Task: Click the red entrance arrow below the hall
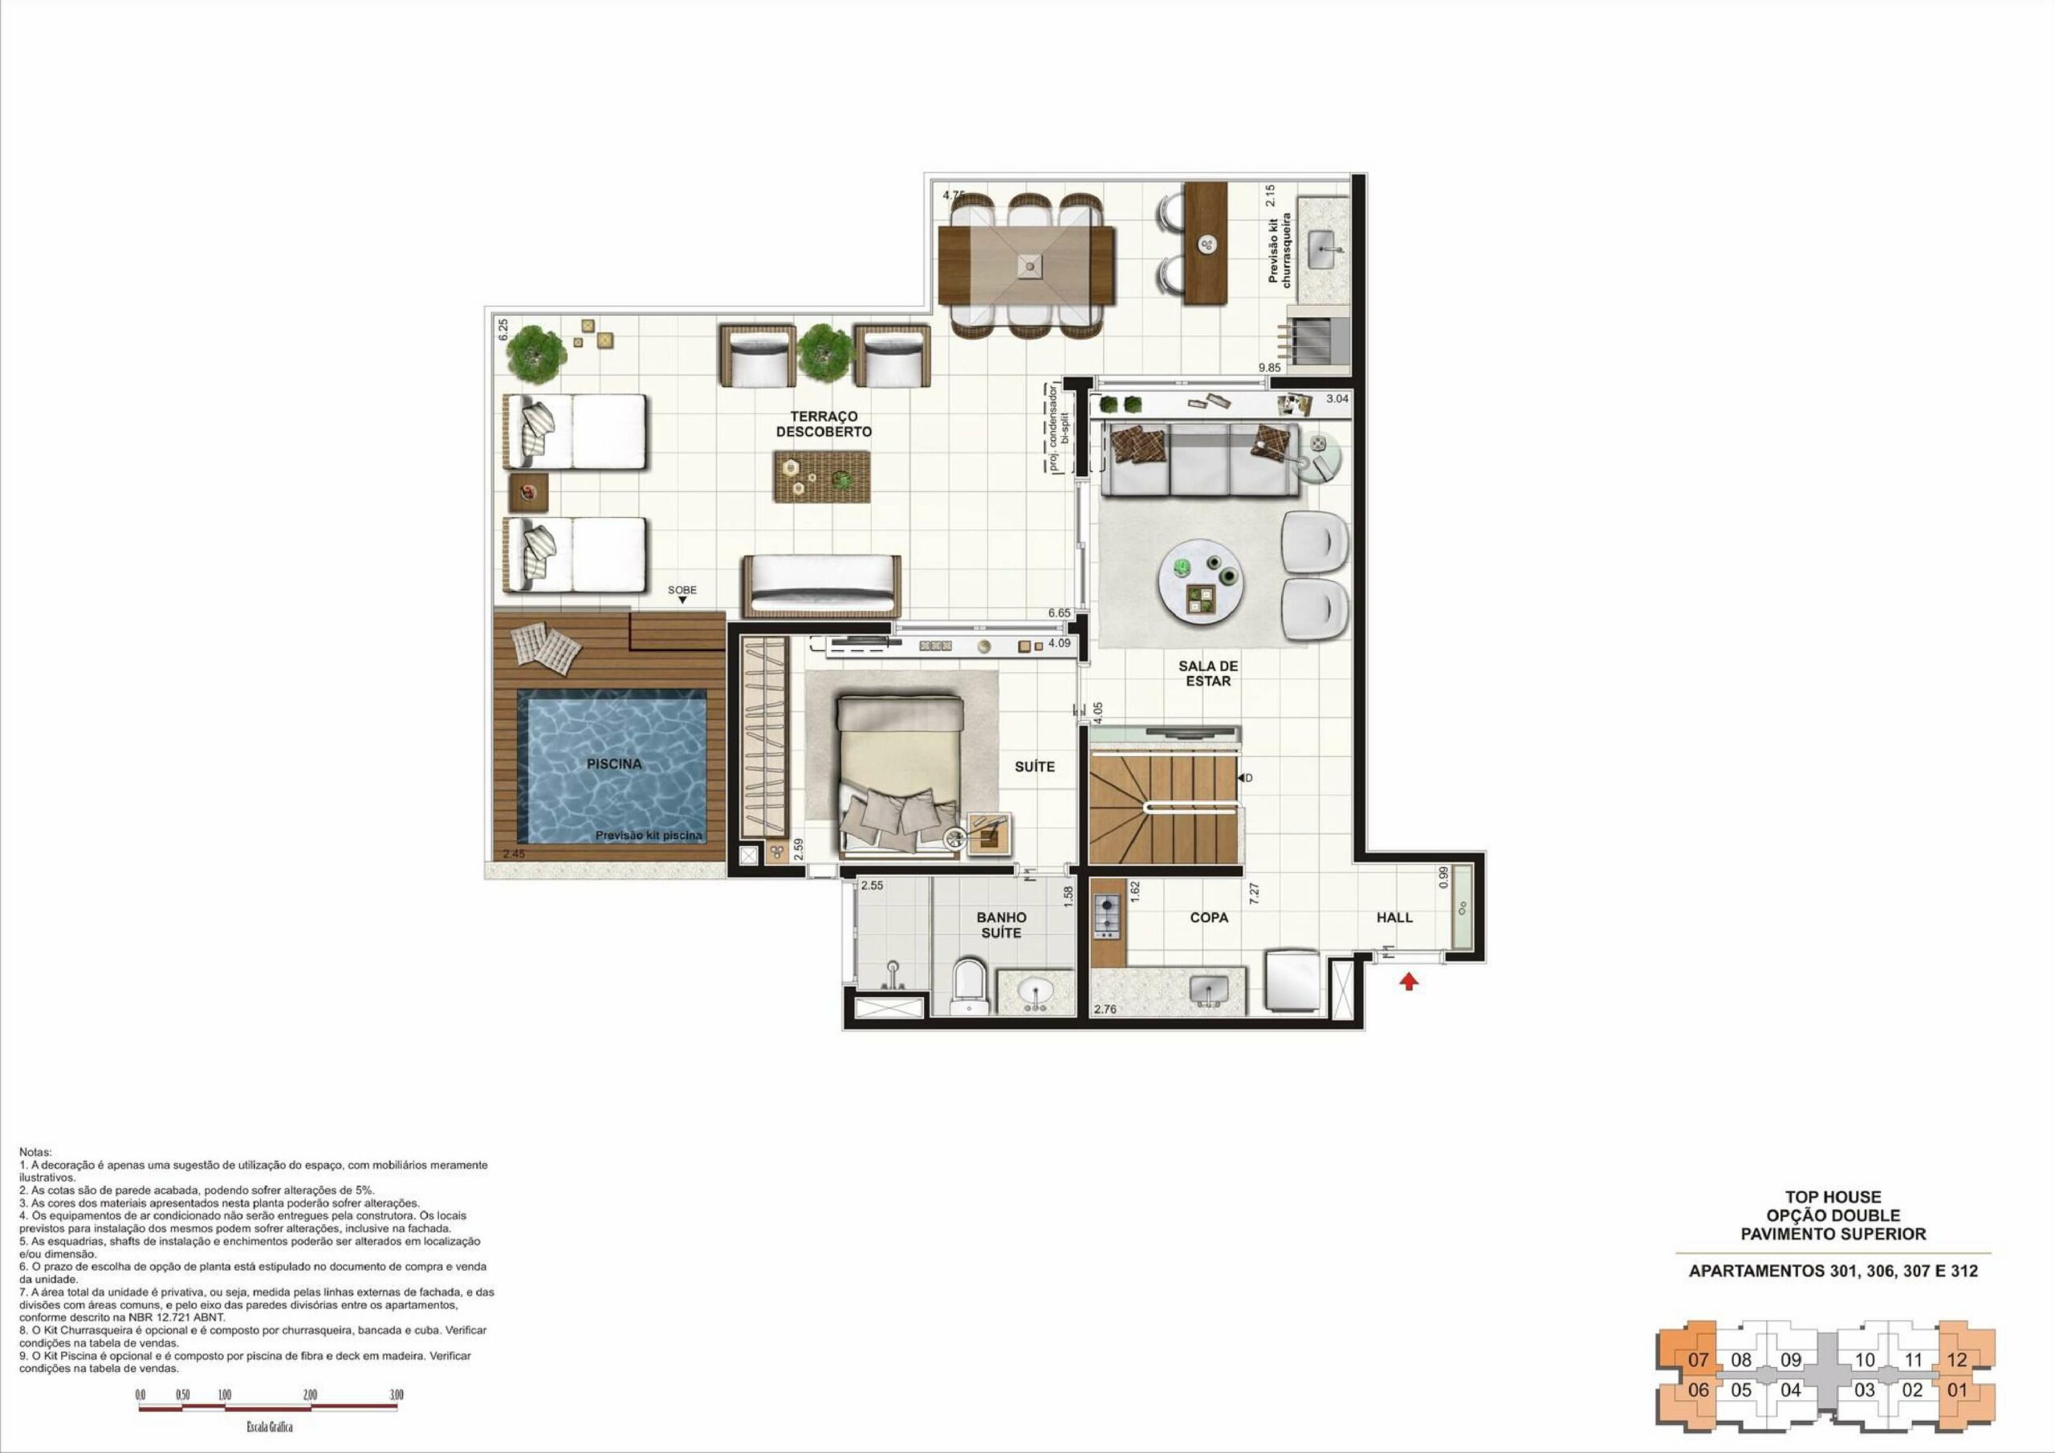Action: tap(1410, 982)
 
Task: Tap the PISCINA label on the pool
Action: tap(614, 763)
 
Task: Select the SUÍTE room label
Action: tap(1035, 767)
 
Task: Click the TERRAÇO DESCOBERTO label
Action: tap(824, 423)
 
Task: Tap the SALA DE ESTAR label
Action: tap(1208, 674)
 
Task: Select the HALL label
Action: tap(1394, 917)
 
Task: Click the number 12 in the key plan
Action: tap(1956, 1359)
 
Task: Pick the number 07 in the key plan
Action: tap(1698, 1359)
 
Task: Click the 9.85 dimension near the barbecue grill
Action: tap(1269, 367)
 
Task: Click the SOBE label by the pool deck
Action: tap(682, 590)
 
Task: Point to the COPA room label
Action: tap(1208, 917)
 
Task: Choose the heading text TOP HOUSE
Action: tap(1833, 1196)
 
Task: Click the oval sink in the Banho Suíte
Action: tap(1036, 992)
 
